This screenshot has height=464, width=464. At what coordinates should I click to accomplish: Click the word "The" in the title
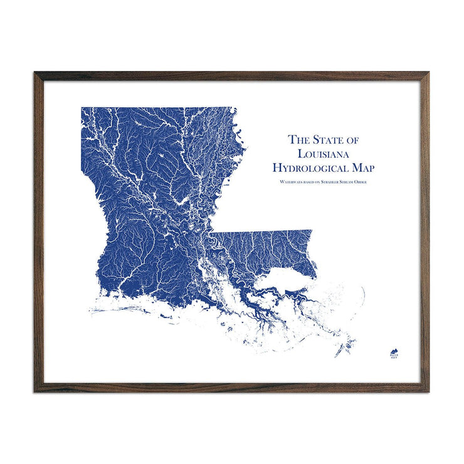tap(299, 140)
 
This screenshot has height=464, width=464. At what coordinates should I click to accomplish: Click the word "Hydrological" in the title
tap(312, 167)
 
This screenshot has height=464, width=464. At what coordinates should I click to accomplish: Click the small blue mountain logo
tap(394, 352)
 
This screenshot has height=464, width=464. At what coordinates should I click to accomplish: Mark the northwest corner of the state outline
tap(82, 108)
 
